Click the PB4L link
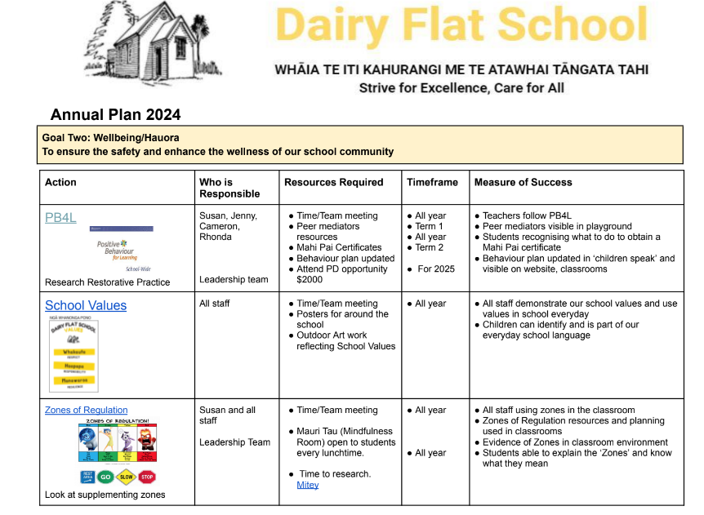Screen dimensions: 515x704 coord(60,217)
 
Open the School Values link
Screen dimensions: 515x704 coord(86,305)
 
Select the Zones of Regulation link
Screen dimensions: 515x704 coord(86,410)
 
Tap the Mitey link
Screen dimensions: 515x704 coord(307,485)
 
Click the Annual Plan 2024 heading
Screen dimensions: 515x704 coord(115,115)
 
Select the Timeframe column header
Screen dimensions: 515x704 coord(432,182)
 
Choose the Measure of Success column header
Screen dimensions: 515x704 coord(523,182)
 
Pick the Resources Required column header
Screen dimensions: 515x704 coord(333,182)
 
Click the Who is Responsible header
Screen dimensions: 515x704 coord(229,188)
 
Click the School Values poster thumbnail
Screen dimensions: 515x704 coord(72,353)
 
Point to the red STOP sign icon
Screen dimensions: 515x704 coord(146,477)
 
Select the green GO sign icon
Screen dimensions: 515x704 coord(106,477)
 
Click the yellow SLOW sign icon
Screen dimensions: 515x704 coord(127,477)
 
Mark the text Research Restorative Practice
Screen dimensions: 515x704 coord(107,282)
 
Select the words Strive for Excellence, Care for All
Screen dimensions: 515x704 coord(461,88)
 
